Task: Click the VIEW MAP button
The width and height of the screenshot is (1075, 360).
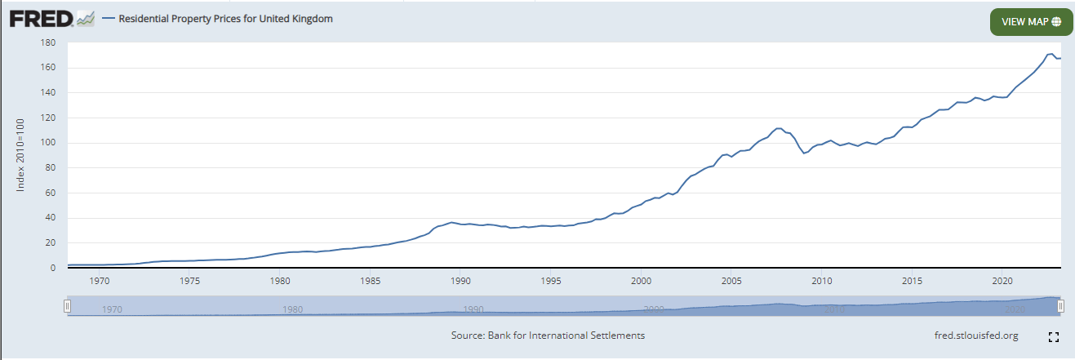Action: click(x=1030, y=22)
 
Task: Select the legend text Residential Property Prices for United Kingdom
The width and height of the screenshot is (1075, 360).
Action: click(x=225, y=18)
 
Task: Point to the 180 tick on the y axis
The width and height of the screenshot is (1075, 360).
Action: click(x=47, y=42)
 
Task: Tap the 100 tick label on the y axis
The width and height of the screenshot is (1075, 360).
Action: click(x=47, y=143)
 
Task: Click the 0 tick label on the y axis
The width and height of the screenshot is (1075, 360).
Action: click(x=51, y=268)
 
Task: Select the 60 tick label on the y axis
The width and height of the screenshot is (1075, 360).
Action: click(x=49, y=193)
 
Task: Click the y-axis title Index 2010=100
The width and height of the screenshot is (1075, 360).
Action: click(x=21, y=155)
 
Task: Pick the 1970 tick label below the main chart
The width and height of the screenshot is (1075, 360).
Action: click(x=100, y=281)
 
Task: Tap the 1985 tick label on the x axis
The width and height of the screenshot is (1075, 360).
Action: click(x=371, y=281)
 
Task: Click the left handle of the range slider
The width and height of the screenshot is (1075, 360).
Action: click(x=68, y=306)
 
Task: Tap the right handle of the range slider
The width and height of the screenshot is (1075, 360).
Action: click(x=1060, y=306)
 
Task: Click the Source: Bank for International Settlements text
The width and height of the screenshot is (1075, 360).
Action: click(x=548, y=336)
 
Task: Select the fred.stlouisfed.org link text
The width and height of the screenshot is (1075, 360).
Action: click(x=976, y=336)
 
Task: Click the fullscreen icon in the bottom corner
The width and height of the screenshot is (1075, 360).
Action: click(x=1053, y=336)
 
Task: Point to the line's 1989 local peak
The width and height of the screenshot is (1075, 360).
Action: click(x=451, y=222)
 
